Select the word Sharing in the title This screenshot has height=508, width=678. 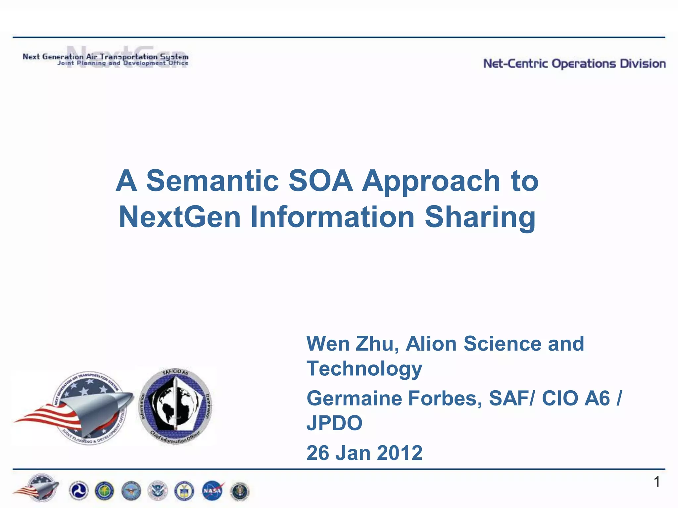click(x=480, y=218)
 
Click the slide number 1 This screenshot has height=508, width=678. click(x=657, y=482)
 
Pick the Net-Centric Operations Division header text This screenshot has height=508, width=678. click(x=574, y=63)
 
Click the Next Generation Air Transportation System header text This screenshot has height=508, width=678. click(x=105, y=57)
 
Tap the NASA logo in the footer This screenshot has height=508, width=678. click(x=212, y=490)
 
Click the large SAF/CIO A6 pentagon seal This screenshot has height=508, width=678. click(x=175, y=406)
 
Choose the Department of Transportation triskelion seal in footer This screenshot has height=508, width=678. click(x=78, y=491)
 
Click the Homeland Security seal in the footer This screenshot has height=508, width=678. click(x=158, y=491)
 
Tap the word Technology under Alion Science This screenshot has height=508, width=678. click(x=364, y=369)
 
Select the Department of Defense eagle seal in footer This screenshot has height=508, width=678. click(x=131, y=491)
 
